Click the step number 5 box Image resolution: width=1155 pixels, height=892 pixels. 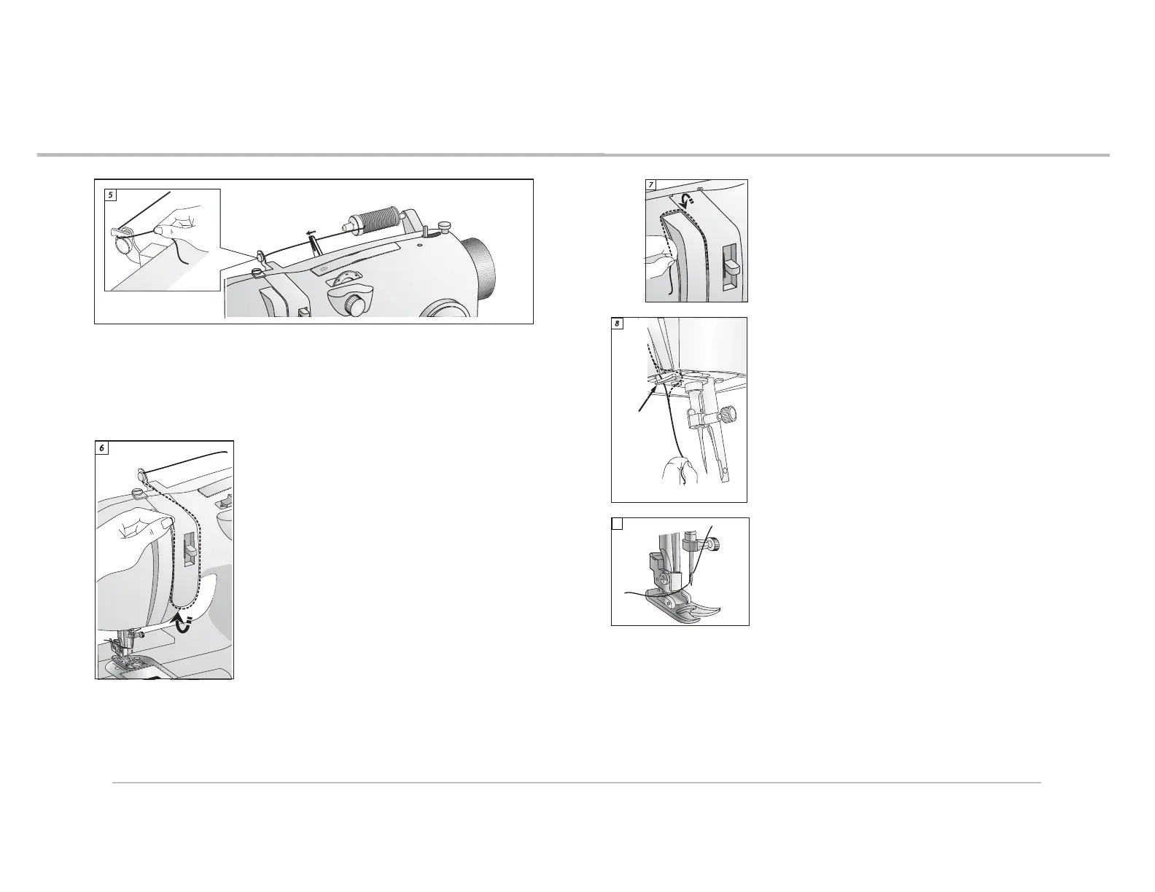point(110,195)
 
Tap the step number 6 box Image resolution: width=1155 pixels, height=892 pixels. point(101,448)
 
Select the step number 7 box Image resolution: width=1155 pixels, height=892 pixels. point(651,185)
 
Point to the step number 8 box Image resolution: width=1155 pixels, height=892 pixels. point(617,324)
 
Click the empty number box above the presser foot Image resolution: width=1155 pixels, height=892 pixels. point(617,524)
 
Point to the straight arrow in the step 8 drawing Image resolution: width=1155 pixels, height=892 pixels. point(647,399)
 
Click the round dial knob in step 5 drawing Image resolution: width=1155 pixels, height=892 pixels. point(354,305)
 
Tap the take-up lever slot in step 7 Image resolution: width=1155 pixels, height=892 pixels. point(731,267)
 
